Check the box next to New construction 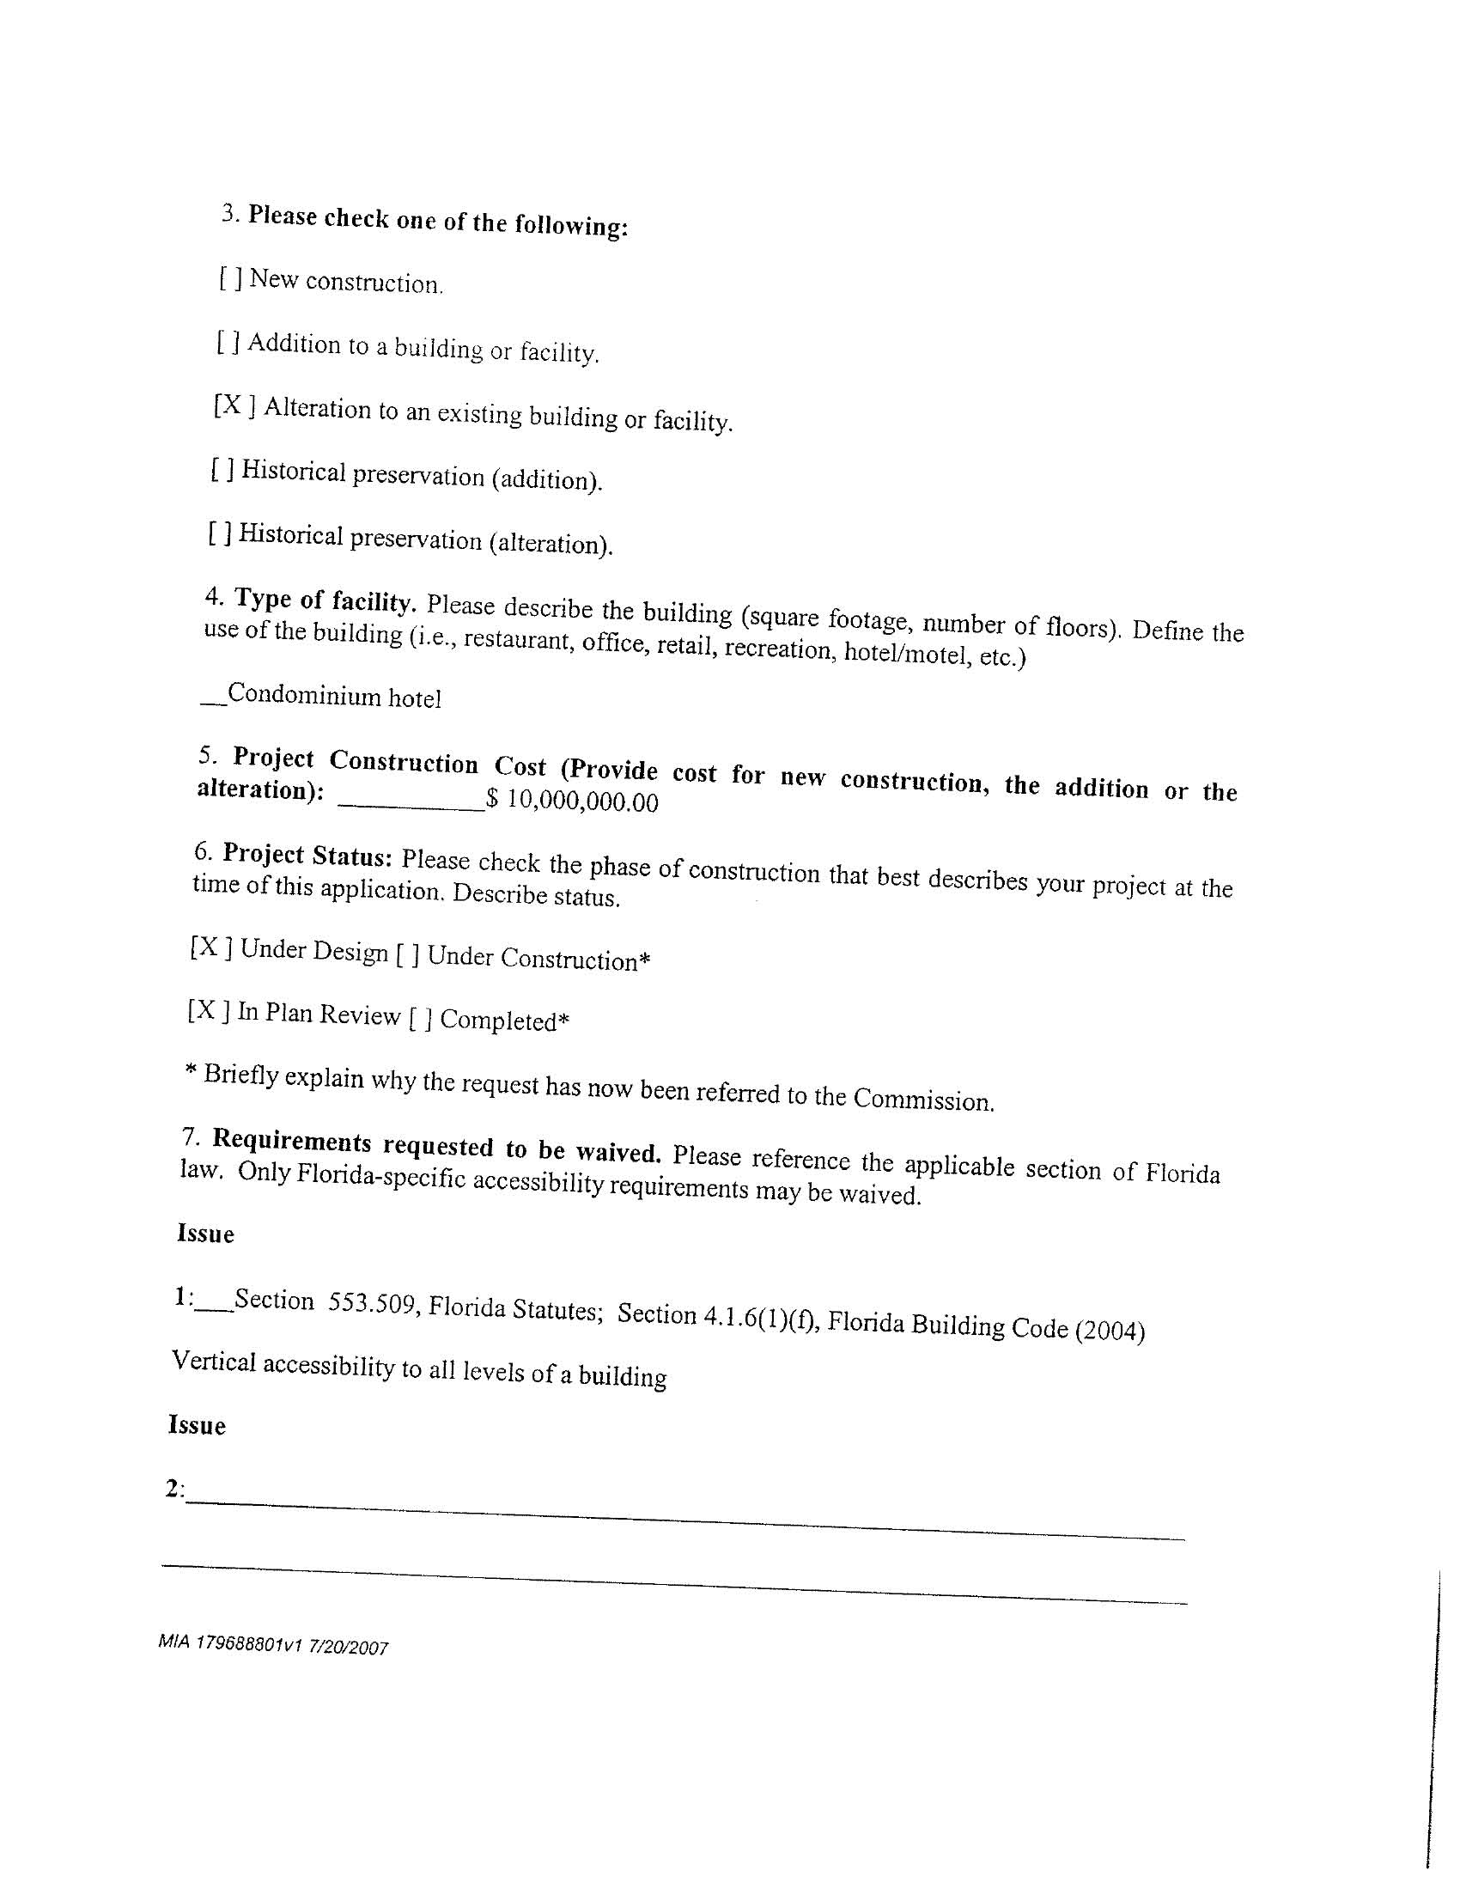click(x=230, y=278)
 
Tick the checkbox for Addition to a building click(x=228, y=343)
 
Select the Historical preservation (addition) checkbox click(x=222, y=470)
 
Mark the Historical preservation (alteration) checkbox click(x=219, y=533)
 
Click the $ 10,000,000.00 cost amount click(x=573, y=800)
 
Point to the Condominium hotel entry click(x=334, y=696)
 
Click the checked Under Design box click(x=210, y=948)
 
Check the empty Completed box click(x=419, y=1018)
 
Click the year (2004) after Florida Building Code click(x=1110, y=1331)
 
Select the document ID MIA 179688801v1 click(x=229, y=1643)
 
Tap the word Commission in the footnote click(x=923, y=1100)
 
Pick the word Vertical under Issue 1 click(x=214, y=1361)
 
